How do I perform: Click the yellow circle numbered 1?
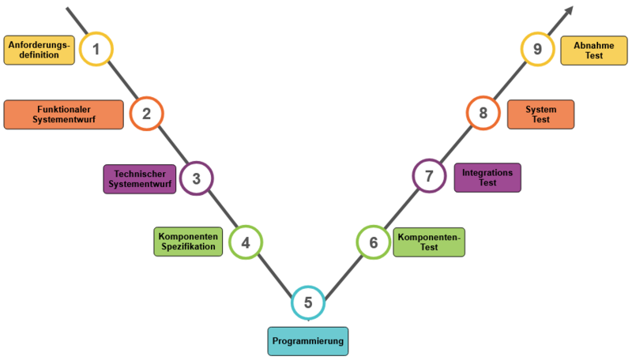[96, 49]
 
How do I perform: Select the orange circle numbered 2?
[146, 114]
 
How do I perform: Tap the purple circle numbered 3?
[196, 178]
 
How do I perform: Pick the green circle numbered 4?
[246, 242]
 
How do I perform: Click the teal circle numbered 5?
[308, 302]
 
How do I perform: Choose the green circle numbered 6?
[373, 242]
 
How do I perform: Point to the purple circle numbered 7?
[430, 176]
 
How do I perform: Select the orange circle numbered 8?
[483, 114]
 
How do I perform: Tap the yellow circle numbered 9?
[537, 49]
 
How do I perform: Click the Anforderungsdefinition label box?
[37, 51]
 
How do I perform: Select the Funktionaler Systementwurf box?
[63, 114]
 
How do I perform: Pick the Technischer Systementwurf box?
[140, 178]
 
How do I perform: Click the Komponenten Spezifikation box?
[187, 242]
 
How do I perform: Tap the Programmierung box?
[308, 341]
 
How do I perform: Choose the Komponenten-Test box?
[429, 242]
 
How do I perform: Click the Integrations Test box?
[487, 177]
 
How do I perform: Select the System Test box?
[540, 114]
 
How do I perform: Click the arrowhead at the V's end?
[568, 11]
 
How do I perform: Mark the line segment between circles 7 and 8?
[456, 145]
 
